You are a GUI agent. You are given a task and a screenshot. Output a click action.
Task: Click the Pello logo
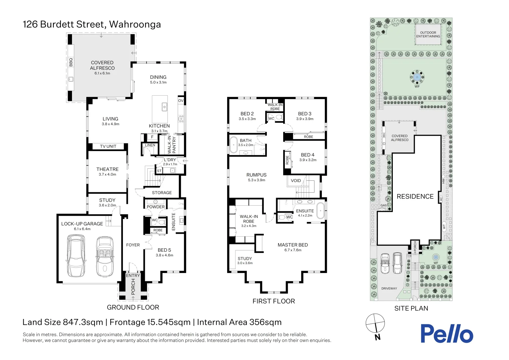(x=447, y=333)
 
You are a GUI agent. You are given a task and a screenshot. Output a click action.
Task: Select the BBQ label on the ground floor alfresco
(x=71, y=62)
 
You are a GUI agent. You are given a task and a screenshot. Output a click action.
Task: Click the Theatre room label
(x=107, y=169)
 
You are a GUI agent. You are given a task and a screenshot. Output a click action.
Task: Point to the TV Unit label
(x=108, y=146)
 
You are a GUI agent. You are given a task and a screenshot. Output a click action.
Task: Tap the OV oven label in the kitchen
(x=181, y=101)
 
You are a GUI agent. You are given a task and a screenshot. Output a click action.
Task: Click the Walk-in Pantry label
(x=172, y=145)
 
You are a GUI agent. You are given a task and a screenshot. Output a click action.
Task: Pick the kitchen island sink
(x=164, y=107)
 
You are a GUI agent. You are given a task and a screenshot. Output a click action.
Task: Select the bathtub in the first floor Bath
(x=233, y=145)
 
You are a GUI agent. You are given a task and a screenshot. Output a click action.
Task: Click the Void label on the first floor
(x=295, y=181)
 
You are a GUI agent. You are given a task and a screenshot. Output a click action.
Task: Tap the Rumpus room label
(x=256, y=175)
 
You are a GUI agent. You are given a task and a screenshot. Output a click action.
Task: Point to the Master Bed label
(x=293, y=245)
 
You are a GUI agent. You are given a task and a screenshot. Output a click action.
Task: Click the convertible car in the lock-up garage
(x=105, y=257)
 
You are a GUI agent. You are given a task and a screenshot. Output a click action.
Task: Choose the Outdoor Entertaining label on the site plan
(x=428, y=34)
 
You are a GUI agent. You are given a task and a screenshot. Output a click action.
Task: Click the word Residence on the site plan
(x=415, y=196)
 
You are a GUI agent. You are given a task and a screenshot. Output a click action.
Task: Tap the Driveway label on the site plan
(x=389, y=288)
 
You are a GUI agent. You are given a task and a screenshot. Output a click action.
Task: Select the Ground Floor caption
(x=133, y=307)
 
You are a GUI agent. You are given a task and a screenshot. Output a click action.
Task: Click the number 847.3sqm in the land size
(x=83, y=322)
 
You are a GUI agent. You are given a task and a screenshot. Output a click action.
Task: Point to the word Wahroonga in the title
(x=135, y=24)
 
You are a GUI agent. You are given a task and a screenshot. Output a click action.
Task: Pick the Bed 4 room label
(x=308, y=155)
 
